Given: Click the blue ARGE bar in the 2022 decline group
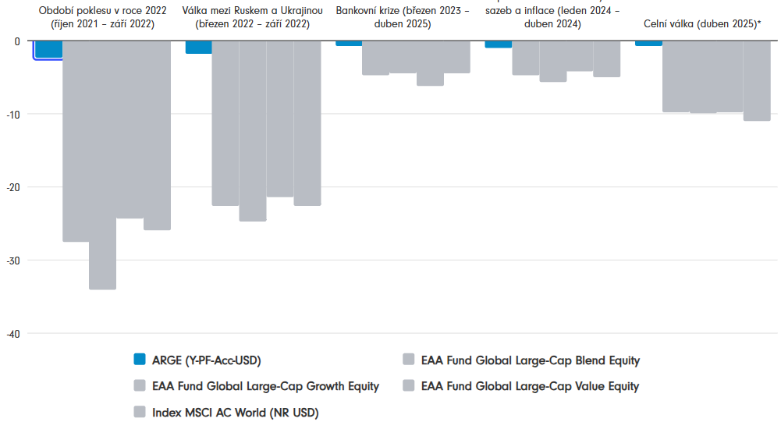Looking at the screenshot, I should click(48, 49).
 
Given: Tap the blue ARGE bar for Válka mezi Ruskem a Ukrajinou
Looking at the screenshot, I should click(198, 47).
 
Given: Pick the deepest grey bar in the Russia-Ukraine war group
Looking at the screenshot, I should click(253, 130).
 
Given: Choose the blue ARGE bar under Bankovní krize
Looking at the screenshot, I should click(348, 43).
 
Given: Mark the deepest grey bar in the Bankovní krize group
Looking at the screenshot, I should click(430, 62).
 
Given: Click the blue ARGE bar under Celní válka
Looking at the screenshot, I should click(648, 43).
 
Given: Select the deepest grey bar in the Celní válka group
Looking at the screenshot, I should click(757, 80).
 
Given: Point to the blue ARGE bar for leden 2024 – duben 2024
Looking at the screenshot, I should click(499, 44).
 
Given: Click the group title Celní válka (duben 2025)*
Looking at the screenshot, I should click(702, 24).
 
